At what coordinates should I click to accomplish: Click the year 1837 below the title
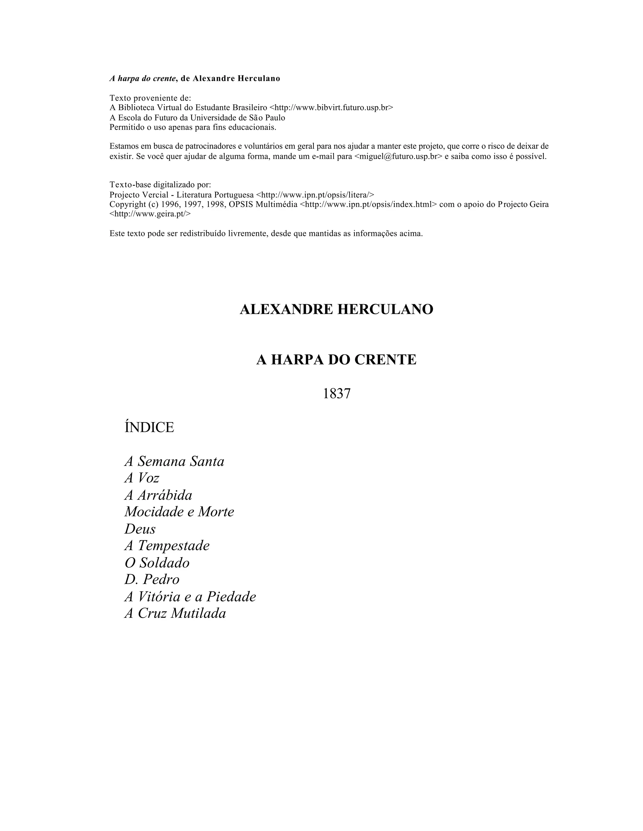(x=336, y=394)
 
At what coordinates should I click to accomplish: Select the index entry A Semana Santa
(x=175, y=461)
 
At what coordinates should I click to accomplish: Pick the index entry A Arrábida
(x=159, y=495)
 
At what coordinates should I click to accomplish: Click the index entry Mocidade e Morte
(x=179, y=512)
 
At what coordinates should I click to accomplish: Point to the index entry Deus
(x=140, y=529)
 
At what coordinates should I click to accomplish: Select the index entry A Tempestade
(x=167, y=546)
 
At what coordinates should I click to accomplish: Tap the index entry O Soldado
(x=157, y=563)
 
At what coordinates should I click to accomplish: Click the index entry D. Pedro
(x=152, y=580)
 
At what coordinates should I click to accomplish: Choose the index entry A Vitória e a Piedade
(x=190, y=597)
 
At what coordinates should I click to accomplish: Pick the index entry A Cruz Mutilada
(x=175, y=613)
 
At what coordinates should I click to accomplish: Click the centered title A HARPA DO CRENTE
(x=336, y=360)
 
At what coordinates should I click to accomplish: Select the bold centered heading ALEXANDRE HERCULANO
(x=336, y=309)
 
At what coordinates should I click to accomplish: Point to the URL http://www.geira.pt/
(x=150, y=214)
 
